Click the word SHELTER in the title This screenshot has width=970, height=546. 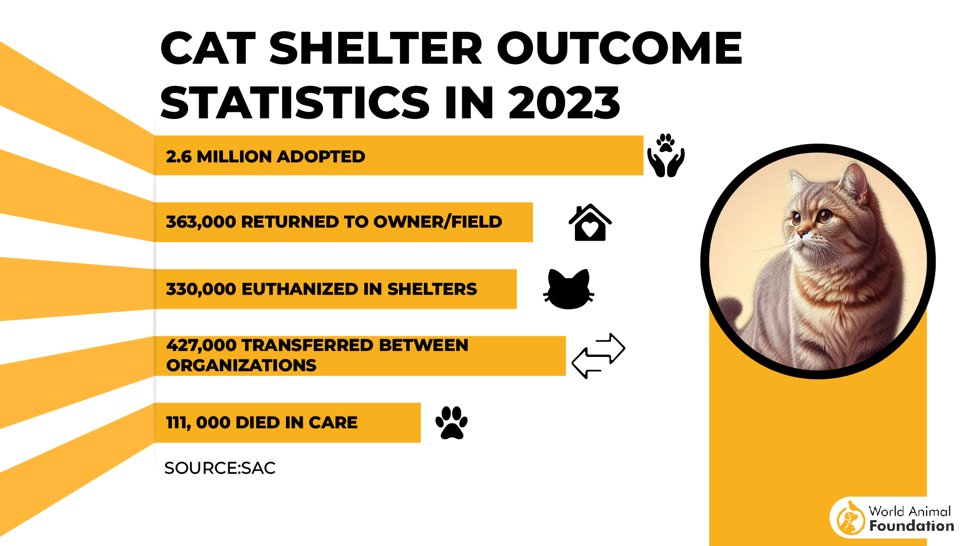click(376, 49)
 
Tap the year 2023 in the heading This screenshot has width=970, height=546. click(564, 103)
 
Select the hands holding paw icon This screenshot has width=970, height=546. click(666, 156)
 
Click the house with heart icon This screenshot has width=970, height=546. click(590, 223)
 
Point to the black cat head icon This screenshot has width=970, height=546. click(568, 289)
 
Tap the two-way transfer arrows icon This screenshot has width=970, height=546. click(598, 355)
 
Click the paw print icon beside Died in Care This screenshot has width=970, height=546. click(451, 423)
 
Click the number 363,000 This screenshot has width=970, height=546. click(201, 222)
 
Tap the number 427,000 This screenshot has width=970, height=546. click(201, 345)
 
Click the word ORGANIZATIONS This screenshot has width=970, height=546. click(241, 366)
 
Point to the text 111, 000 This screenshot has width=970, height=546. click(198, 423)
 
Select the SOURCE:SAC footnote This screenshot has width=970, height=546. click(220, 468)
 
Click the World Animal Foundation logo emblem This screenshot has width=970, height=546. click(850, 518)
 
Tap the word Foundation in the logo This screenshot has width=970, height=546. click(911, 526)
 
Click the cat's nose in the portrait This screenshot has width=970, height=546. click(801, 234)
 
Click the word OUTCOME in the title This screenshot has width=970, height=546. click(619, 49)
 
